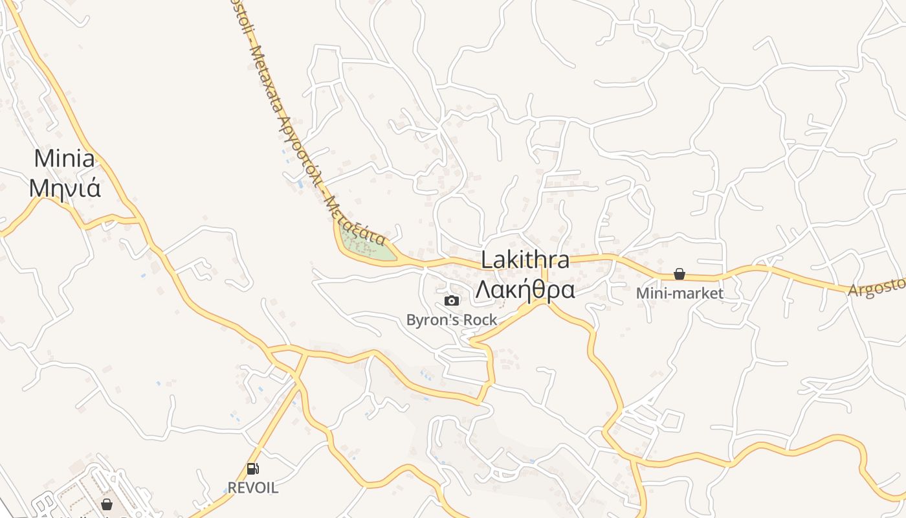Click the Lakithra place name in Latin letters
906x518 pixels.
[x=525, y=260]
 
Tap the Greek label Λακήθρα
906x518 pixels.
[x=525, y=290]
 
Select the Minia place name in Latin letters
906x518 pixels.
[x=64, y=159]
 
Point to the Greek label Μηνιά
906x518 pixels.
[x=65, y=188]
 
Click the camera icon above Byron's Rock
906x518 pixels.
[x=452, y=300]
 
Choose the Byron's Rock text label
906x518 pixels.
[x=452, y=319]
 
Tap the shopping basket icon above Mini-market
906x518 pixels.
[x=679, y=274]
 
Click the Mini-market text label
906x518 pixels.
[x=679, y=293]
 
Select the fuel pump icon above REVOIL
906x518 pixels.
[x=252, y=469]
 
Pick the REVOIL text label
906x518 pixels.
[x=252, y=488]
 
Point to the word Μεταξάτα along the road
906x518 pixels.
[x=356, y=220]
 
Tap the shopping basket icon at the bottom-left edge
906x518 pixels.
[x=107, y=504]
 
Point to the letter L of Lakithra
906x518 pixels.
[x=487, y=260]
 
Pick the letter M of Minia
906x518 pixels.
[x=43, y=159]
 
